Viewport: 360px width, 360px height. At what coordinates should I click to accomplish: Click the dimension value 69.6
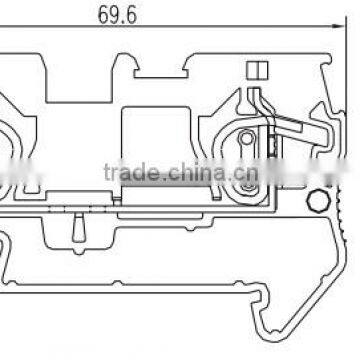tap(117, 16)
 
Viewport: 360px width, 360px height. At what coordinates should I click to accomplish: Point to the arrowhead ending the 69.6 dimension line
tap(338, 26)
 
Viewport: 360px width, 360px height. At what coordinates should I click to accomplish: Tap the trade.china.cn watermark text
tap(181, 172)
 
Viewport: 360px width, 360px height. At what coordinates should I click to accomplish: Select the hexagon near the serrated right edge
tap(319, 201)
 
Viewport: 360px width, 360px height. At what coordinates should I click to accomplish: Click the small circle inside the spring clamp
tap(246, 138)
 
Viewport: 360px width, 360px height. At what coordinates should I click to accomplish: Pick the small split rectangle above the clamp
tap(257, 70)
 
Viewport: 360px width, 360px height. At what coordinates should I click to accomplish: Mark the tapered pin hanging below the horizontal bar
tap(78, 228)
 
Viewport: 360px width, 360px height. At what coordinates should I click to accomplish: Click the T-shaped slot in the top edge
tap(161, 68)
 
